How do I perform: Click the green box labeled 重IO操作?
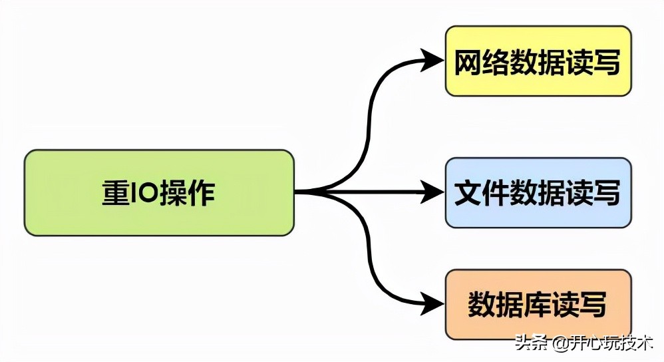[x=159, y=192]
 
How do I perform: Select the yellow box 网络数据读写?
[x=538, y=61]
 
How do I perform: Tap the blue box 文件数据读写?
[x=538, y=193]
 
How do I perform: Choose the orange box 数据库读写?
[x=538, y=304]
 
